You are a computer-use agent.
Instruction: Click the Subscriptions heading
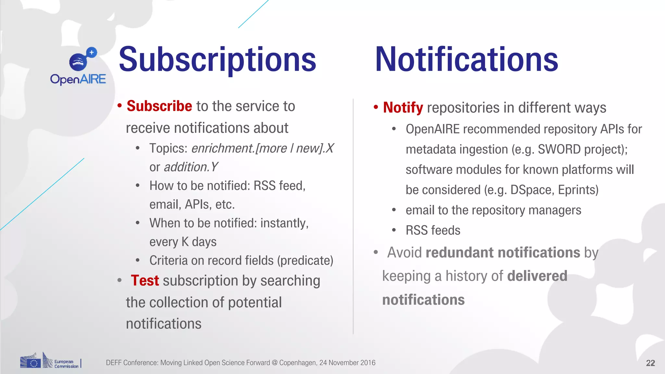217,60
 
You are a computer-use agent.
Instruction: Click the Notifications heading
466,60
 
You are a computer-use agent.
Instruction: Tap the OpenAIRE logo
78,67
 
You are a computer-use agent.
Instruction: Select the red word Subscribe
159,106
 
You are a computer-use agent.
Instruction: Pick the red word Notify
403,108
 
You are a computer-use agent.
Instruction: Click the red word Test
145,280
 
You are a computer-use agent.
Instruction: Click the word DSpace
531,190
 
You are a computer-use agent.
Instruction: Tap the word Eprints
578,190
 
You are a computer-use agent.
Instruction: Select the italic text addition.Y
191,167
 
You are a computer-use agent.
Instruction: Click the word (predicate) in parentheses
305,260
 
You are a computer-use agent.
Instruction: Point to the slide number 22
650,363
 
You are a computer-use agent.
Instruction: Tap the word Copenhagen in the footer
297,363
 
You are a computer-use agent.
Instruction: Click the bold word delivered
537,276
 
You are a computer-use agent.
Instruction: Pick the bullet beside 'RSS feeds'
394,230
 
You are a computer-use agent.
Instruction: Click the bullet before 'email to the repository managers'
394,210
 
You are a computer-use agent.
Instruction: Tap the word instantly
284,223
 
